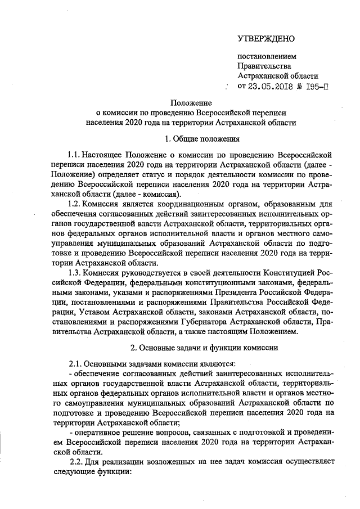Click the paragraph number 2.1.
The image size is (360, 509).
[x=75, y=364]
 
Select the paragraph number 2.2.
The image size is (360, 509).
[x=77, y=461]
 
